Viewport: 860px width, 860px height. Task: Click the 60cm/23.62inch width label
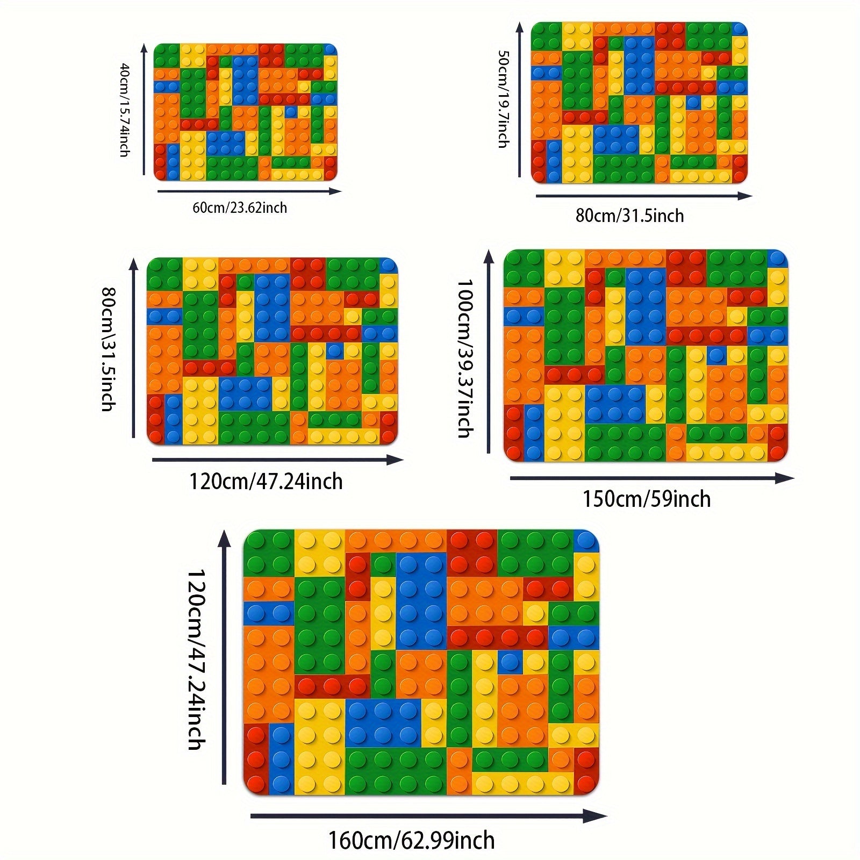240,208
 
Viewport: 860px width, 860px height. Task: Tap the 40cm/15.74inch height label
124,110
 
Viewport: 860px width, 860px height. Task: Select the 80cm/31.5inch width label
629,216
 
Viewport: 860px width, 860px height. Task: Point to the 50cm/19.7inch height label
503,99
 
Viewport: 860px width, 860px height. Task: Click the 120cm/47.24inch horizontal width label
266,482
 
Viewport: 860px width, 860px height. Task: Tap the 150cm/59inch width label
647,499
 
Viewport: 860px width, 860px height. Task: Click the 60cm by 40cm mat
245,112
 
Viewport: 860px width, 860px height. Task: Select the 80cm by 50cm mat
639,103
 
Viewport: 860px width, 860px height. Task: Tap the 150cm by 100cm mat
646,355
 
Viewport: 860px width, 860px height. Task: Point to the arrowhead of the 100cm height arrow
489,257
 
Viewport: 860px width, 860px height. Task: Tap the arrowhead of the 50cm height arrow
519,28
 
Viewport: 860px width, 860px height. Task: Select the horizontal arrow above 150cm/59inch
650,478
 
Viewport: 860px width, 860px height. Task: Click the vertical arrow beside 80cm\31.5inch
134,349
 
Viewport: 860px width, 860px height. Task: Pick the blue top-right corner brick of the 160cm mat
586,540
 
